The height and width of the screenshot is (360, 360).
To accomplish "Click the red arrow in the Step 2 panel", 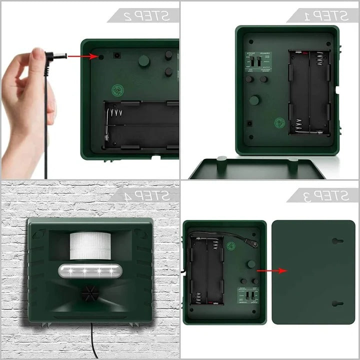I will [82, 56].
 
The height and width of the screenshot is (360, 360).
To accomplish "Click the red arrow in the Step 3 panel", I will [272, 270].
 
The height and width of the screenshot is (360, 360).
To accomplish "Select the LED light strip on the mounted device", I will [90, 271].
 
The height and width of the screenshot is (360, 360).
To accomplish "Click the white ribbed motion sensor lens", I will [90, 245].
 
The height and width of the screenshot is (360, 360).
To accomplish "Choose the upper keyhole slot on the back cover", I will [337, 241].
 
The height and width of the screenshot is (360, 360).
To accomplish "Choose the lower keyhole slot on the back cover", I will [337, 303].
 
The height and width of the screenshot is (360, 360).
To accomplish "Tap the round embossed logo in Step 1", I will [279, 122].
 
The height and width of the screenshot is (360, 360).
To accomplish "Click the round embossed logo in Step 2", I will [117, 90].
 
